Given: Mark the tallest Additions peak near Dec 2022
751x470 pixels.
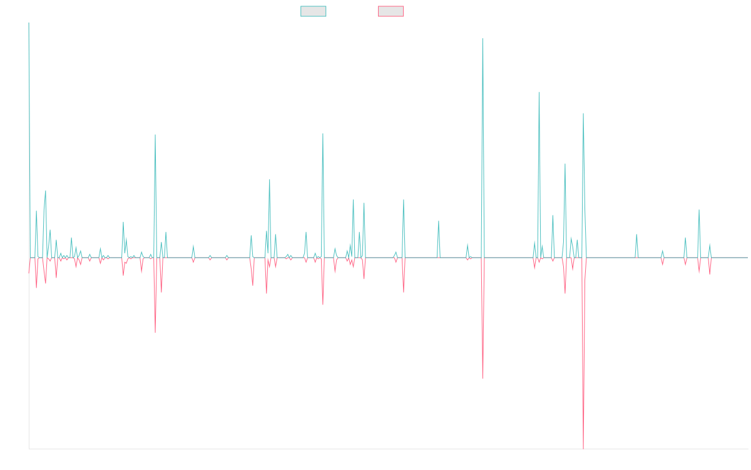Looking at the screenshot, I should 483,39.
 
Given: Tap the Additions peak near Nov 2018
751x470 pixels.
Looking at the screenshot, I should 155,135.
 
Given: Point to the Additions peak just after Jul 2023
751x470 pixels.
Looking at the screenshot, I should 539,93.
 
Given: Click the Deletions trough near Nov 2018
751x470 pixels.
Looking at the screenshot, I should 155,332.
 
